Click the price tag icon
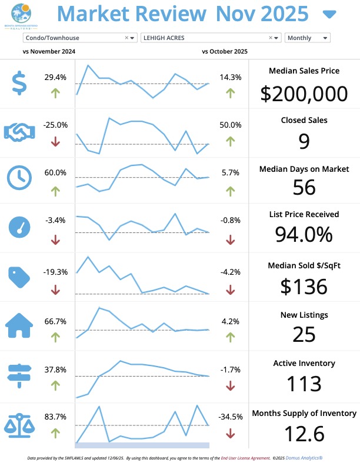pos(19,277)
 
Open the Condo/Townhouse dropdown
pos(80,38)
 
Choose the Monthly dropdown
pos(307,38)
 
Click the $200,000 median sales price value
pos(304,94)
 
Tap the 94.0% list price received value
pos(304,235)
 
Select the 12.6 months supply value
pos(304,434)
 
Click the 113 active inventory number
pos(304,384)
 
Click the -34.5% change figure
pos(231,417)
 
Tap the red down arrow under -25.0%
pos(55,141)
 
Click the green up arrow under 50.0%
pos(230,141)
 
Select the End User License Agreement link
pos(245,457)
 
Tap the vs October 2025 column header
pos(224,52)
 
